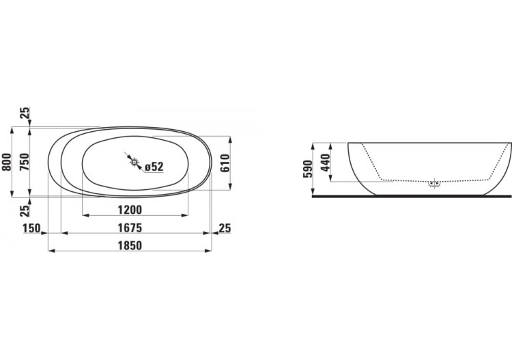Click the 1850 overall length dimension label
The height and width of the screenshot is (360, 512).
click(129, 246)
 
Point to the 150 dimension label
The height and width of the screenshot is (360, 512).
click(32, 227)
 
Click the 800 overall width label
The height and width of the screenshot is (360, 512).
click(8, 162)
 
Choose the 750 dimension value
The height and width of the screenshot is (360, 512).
click(25, 162)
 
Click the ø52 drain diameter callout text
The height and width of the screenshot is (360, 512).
click(154, 166)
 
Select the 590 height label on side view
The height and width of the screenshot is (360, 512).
click(307, 168)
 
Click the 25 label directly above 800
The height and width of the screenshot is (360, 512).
click(25, 113)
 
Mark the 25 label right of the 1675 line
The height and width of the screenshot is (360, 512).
click(225, 227)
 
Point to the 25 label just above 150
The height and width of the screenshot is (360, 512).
click(25, 210)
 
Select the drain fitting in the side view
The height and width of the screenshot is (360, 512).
click(433, 183)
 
